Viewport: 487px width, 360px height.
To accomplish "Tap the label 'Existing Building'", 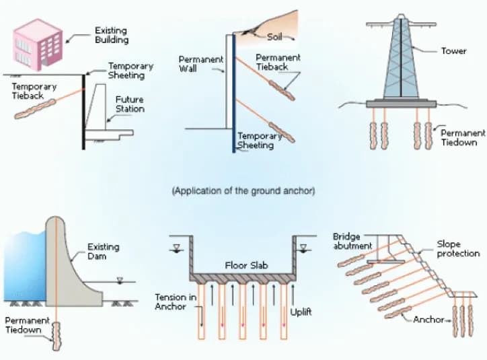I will (x=111, y=36).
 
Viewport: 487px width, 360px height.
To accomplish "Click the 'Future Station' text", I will (x=129, y=104).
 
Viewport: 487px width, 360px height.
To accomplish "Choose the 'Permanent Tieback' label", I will (x=278, y=63).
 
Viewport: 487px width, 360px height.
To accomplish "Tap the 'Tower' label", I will (x=453, y=51).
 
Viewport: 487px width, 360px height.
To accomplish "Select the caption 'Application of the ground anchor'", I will (x=243, y=191).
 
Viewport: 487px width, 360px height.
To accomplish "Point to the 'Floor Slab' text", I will (x=243, y=265).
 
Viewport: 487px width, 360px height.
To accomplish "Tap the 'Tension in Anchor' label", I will (x=174, y=302).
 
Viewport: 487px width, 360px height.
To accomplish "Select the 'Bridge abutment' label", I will (x=352, y=242).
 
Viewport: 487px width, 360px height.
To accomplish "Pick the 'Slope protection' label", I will (x=458, y=248).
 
